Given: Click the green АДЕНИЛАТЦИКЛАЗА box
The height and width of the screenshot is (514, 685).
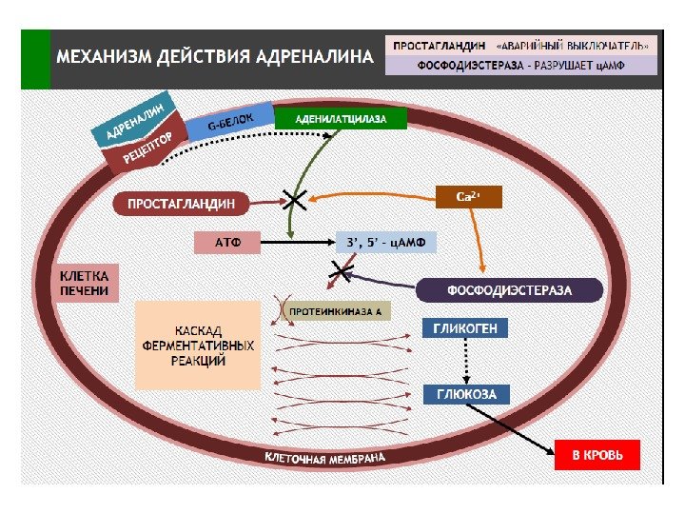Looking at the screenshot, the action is tap(341, 119).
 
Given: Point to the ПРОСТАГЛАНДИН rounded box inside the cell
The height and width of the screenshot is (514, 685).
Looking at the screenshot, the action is tap(181, 203).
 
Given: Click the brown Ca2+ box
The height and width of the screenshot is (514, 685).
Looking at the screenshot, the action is tap(467, 197).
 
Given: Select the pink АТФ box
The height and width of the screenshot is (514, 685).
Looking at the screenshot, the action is tap(226, 243).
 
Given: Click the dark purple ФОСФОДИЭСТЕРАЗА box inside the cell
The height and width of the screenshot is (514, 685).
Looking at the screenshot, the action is tap(510, 290).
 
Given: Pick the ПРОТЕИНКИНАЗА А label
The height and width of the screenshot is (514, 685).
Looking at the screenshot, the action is tap(335, 312).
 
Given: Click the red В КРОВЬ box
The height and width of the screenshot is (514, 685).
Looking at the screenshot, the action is tap(597, 455).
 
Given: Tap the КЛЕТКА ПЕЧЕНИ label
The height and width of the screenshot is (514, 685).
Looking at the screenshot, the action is tap(86, 282).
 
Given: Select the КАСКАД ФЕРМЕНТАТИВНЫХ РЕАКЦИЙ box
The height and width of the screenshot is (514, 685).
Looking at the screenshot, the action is tap(197, 345).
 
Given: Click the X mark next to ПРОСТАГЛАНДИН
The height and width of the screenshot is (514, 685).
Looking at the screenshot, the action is tap(294, 201).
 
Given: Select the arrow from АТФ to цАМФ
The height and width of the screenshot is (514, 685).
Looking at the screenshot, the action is tap(297, 243).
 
